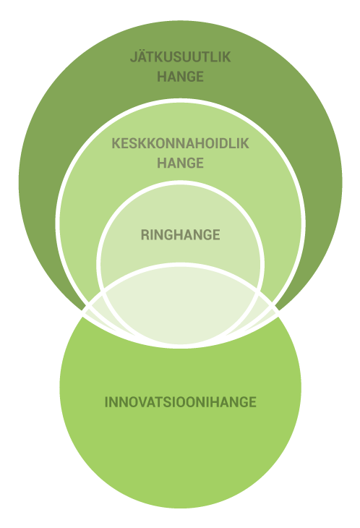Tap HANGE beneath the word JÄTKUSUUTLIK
[180, 77]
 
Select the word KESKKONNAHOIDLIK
[180, 143]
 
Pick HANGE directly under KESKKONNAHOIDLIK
[180, 163]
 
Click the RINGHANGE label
[180, 234]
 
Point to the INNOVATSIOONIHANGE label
[180, 402]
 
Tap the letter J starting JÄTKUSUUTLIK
[134, 57]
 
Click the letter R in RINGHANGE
[145, 234]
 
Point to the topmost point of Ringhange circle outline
[180, 182]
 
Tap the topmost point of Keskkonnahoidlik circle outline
[180, 101]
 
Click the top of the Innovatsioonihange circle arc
[180, 265]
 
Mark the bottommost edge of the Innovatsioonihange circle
[180, 508]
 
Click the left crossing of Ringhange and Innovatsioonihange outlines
[103, 289]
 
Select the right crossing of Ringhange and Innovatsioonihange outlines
[258, 289]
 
